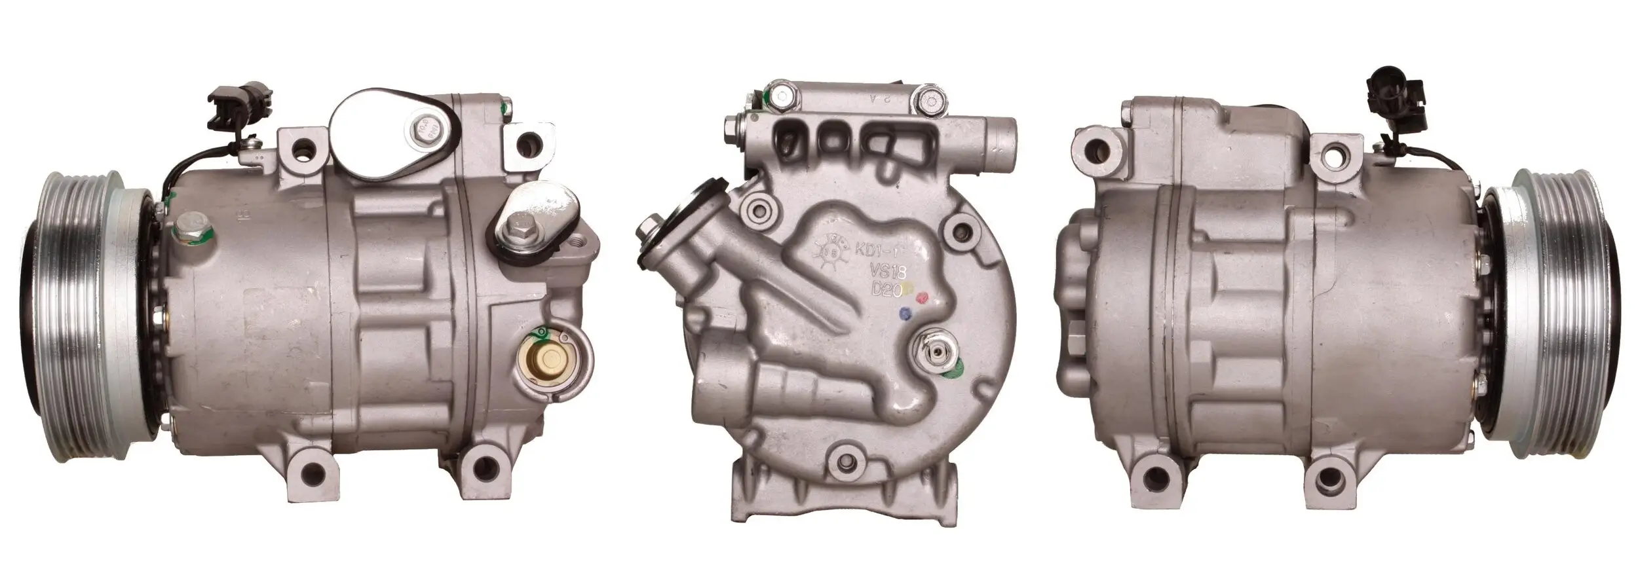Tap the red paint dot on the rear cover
click(x=924, y=299)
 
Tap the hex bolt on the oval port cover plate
click(x=427, y=136)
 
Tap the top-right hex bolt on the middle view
click(x=930, y=100)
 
